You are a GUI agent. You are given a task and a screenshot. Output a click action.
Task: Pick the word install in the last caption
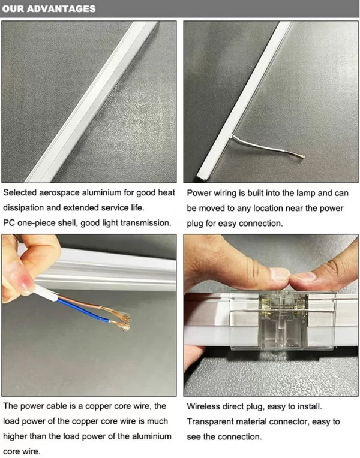[x=310, y=406]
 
